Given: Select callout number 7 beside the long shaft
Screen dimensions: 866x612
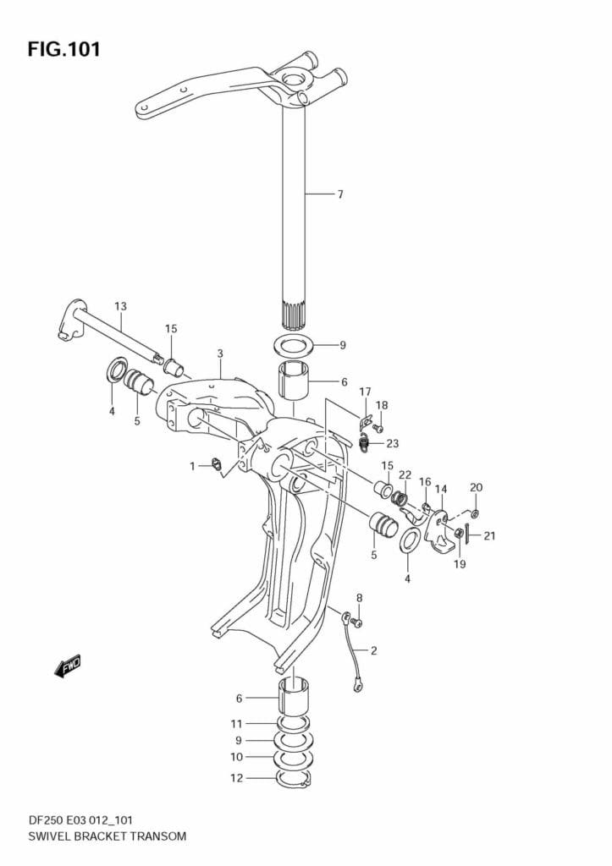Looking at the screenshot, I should point(339,195).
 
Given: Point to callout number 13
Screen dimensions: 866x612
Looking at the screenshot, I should point(120,305).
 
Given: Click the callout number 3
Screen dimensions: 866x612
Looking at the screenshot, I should point(219,353).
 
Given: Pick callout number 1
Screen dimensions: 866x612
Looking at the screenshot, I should point(192,465).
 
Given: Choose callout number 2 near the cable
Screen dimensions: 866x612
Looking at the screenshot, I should point(373,650).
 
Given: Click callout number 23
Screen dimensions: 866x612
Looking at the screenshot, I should point(392,443).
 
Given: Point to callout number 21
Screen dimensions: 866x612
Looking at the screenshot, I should point(489,535).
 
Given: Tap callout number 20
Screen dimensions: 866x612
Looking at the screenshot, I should point(476,487).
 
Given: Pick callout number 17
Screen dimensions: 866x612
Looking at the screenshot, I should point(365,392).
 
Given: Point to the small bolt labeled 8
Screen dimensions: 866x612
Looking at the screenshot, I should point(356,623).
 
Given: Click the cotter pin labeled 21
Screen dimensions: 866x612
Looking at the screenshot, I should point(466,535).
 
